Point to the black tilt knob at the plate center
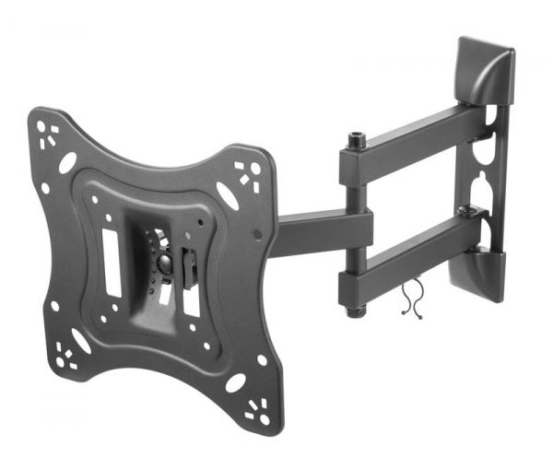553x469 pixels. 164,263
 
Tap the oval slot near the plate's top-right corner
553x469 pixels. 227,195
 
